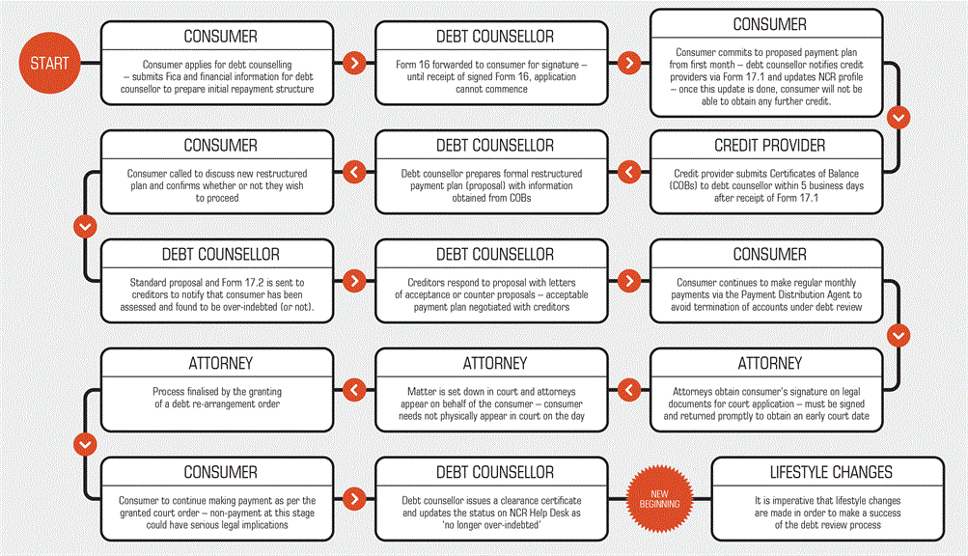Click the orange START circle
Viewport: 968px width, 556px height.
[49, 63]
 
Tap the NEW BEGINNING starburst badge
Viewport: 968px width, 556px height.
[659, 498]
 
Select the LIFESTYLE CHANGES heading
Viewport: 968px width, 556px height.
[831, 473]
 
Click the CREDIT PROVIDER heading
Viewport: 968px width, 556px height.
[769, 146]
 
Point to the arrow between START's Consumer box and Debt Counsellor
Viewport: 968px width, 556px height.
[354, 63]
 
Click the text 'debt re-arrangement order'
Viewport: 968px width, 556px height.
[226, 404]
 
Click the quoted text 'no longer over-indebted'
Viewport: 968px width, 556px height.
[492, 525]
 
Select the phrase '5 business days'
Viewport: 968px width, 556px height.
[832, 186]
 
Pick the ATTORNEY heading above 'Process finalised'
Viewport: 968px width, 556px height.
[220, 363]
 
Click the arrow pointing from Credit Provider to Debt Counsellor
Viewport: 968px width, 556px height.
[629, 172]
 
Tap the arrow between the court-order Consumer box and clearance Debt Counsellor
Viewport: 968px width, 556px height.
[354, 498]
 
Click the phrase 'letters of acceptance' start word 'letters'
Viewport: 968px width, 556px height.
[561, 282]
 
